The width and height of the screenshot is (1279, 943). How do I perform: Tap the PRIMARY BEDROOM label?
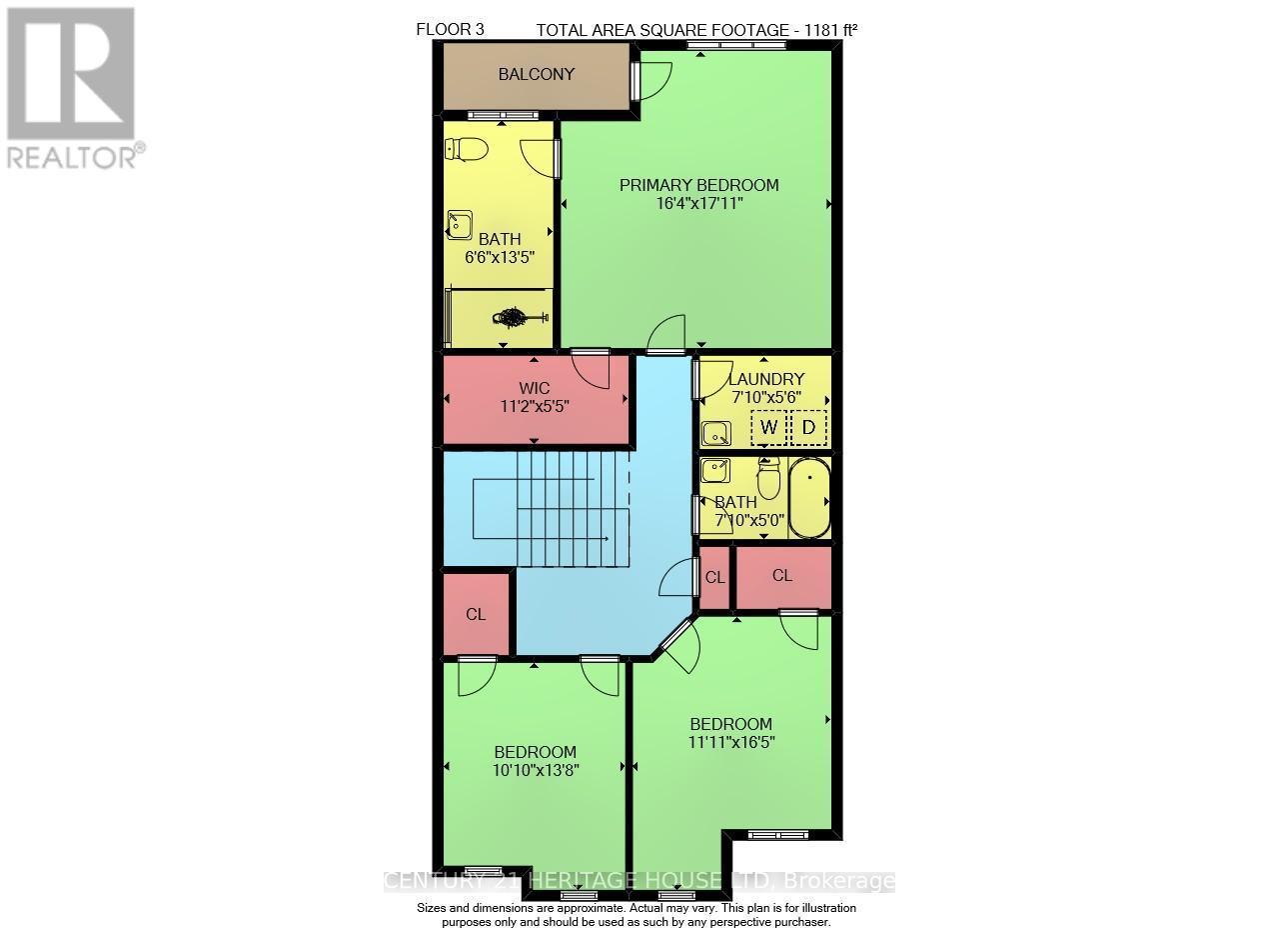(698, 185)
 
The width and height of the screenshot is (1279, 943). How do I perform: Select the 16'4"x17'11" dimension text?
(698, 204)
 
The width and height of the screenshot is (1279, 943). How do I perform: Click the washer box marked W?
(768, 428)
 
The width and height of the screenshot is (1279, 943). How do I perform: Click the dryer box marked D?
(809, 428)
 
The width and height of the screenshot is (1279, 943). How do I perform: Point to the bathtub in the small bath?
(809, 498)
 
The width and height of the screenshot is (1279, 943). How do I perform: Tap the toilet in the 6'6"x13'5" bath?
(467, 150)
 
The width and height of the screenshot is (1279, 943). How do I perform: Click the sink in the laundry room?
(715, 434)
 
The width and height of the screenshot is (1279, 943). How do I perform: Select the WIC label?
(535, 387)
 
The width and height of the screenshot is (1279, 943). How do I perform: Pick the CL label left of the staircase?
(476, 614)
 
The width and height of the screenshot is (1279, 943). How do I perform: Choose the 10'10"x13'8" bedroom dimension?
(536, 770)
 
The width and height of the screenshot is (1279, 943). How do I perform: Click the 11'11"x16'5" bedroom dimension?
(731, 742)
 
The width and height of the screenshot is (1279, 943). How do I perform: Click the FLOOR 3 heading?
(450, 30)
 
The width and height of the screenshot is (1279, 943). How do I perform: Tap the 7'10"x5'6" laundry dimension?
(763, 397)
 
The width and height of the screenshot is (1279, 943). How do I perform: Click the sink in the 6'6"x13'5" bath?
(460, 225)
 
